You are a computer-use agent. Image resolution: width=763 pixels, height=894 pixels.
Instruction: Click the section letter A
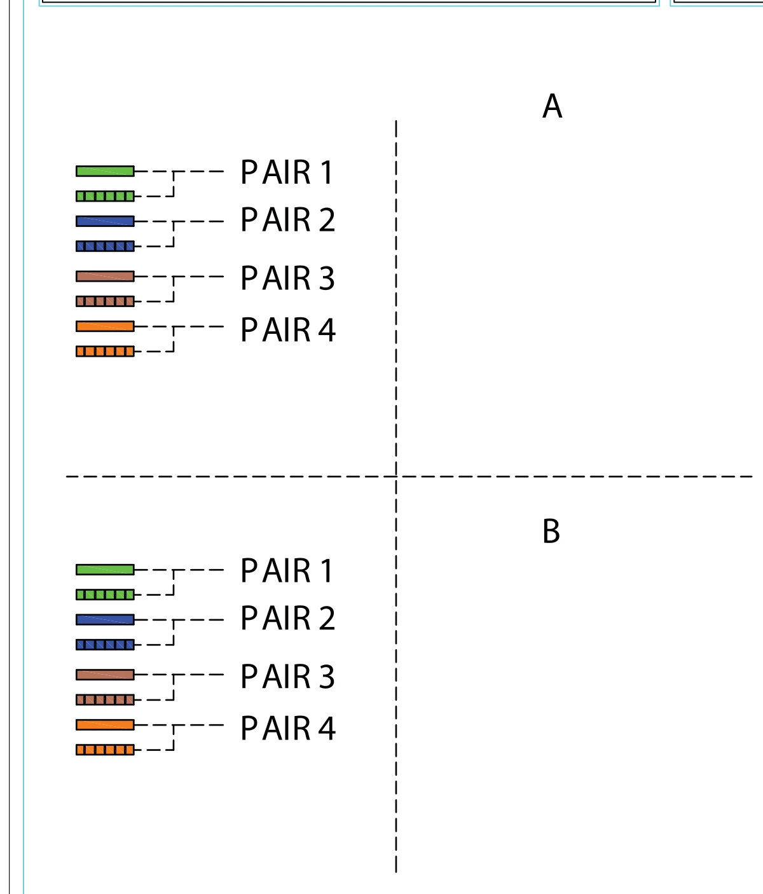(x=553, y=106)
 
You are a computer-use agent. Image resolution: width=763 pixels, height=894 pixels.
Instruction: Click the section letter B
(x=551, y=531)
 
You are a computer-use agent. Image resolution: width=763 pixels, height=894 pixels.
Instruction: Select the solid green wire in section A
(x=105, y=171)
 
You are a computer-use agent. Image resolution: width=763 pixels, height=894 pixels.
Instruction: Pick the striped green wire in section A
(x=105, y=196)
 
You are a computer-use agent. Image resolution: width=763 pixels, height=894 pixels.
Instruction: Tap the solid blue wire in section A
(x=105, y=221)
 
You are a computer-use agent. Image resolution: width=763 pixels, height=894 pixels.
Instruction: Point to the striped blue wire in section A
(x=105, y=246)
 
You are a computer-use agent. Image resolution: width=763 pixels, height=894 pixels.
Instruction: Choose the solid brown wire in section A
(x=105, y=276)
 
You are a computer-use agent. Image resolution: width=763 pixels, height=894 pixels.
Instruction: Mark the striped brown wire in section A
(x=105, y=301)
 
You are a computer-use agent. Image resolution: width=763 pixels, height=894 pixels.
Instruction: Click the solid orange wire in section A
(x=105, y=326)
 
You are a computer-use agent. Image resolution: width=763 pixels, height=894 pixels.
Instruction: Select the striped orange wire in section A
(x=105, y=351)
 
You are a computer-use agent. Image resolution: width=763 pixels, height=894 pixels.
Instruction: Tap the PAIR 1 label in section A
(x=287, y=172)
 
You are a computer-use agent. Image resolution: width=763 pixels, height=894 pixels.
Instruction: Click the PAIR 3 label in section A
(x=287, y=278)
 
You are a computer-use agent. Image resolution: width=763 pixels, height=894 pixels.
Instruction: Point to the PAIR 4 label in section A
(x=288, y=329)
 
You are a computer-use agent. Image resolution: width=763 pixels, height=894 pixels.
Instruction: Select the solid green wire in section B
(x=105, y=570)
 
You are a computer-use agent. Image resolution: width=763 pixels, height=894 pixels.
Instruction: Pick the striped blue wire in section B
(x=105, y=645)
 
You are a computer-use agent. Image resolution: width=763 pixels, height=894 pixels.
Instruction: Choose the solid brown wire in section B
(x=105, y=674)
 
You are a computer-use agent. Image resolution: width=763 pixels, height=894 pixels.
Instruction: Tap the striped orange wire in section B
(x=105, y=750)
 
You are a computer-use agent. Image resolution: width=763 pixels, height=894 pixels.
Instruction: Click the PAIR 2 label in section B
(x=287, y=618)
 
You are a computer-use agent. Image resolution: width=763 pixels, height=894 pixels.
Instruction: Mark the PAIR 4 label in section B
(x=288, y=728)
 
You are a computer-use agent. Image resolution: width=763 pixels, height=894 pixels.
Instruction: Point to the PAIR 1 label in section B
(x=287, y=570)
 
